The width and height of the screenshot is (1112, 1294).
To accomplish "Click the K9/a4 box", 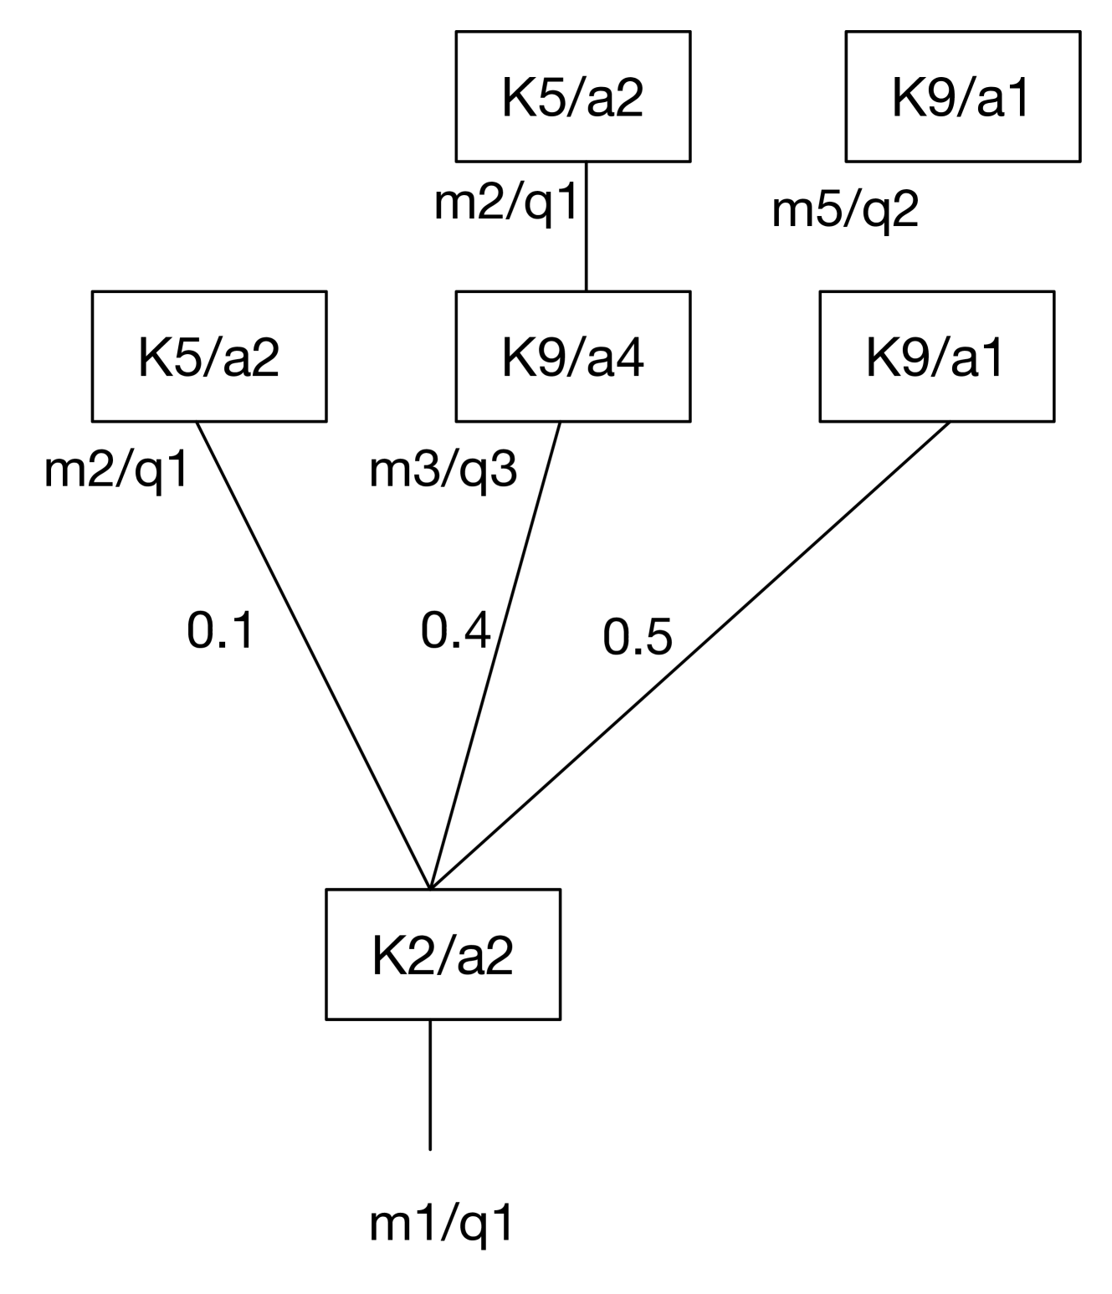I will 572,357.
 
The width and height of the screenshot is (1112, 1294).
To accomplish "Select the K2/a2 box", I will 443,955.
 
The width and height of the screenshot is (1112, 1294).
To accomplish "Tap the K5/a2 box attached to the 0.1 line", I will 208,357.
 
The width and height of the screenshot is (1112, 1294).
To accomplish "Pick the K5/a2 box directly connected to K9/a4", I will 572,96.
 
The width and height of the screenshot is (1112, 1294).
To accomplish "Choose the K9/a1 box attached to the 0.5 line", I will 936,357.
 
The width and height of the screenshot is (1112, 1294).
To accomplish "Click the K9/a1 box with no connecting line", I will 962,96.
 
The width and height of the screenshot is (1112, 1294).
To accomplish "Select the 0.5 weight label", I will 638,638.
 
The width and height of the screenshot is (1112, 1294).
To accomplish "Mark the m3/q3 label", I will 443,471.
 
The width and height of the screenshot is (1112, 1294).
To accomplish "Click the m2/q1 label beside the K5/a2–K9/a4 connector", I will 506,203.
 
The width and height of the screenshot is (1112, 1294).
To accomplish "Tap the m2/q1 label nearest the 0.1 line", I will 117,471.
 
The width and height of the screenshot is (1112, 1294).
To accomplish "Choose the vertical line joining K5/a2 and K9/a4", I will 586,226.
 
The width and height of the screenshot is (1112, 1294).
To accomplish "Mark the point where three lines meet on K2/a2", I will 430,887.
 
